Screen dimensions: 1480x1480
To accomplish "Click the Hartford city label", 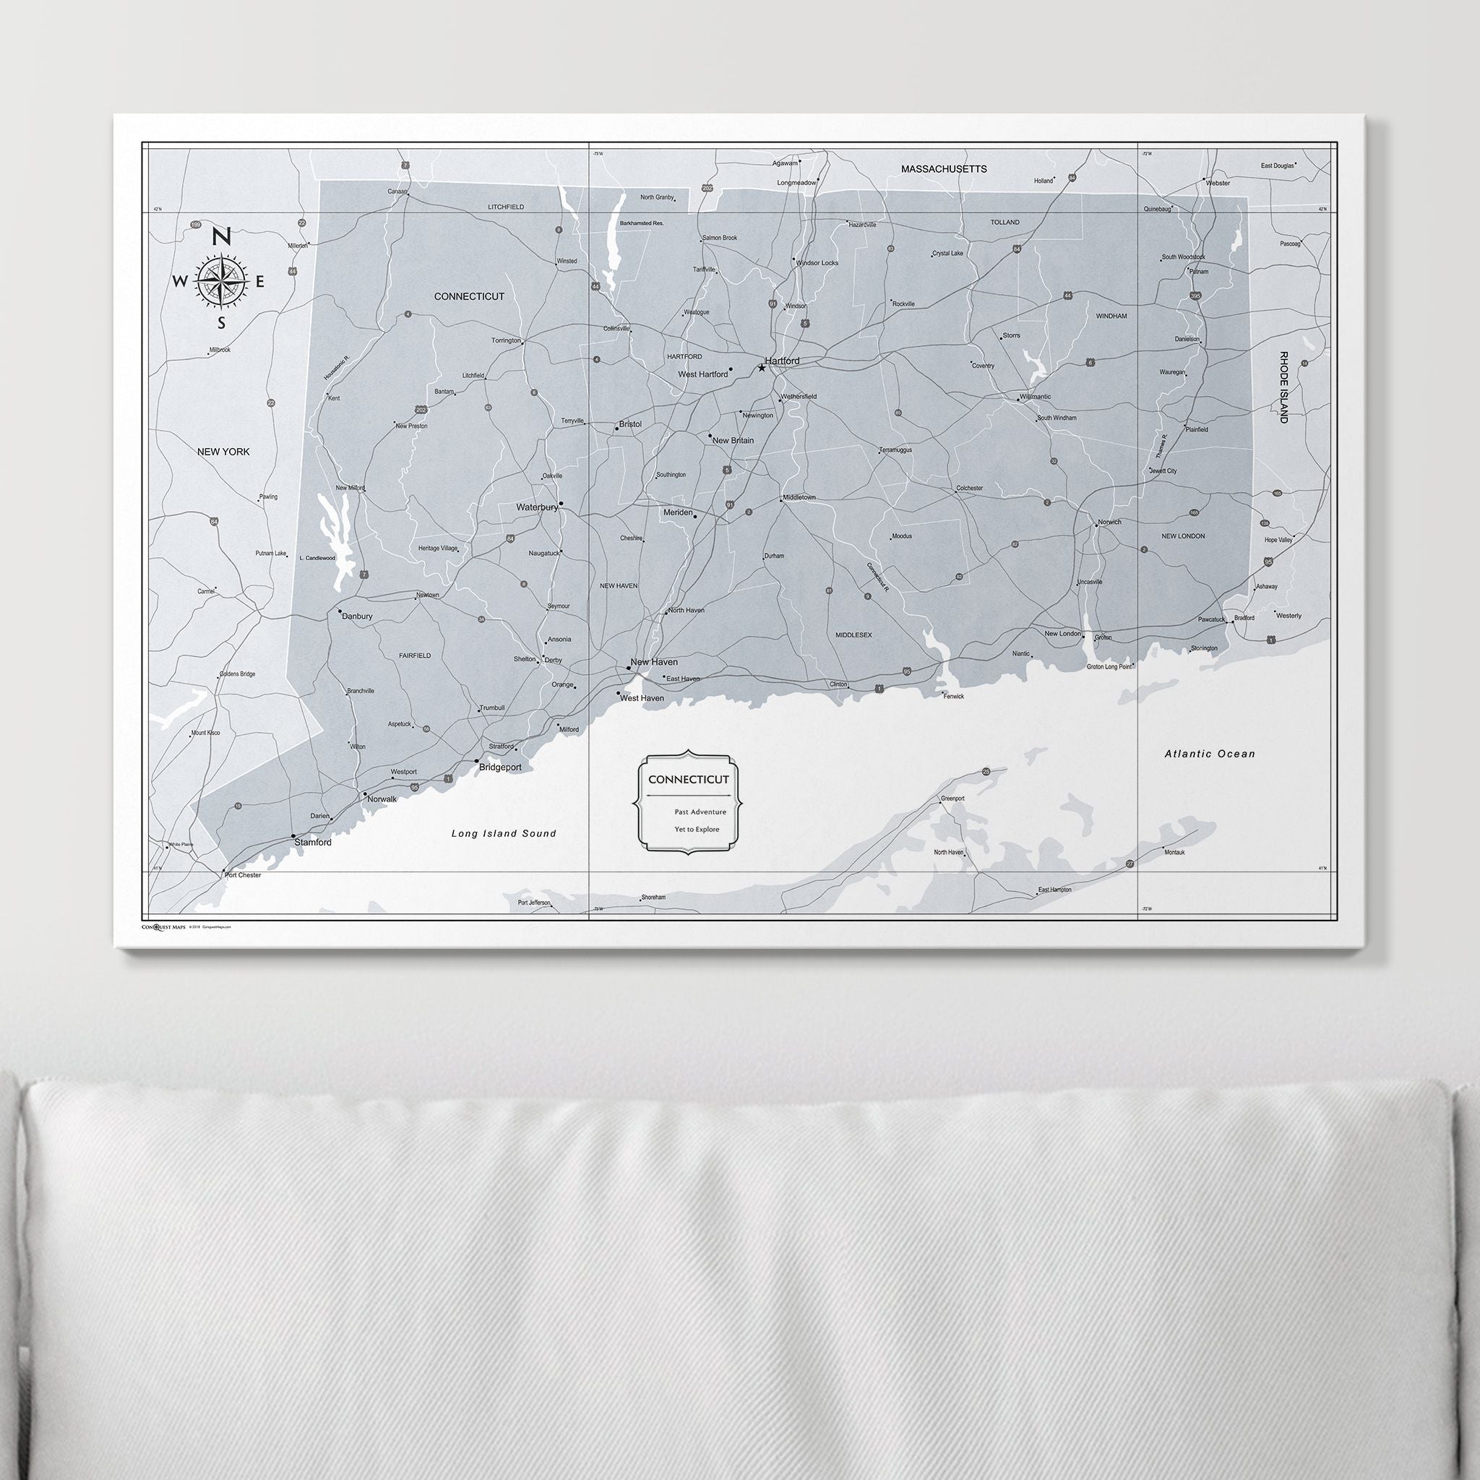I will [782, 361].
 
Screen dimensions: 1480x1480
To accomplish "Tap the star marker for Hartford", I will [762, 369].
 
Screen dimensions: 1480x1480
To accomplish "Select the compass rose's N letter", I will [221, 238].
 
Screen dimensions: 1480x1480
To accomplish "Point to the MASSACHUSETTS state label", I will [944, 168].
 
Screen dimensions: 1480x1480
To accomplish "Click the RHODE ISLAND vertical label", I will [1284, 387].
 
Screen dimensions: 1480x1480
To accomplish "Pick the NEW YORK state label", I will [224, 452].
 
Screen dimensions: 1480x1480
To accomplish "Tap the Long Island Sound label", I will [503, 833].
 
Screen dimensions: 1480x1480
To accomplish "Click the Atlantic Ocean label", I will [1210, 754].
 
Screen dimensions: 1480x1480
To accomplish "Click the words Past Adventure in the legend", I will [700, 812].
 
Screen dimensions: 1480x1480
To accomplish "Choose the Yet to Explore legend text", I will [697, 830].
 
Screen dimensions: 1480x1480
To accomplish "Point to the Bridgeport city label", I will [500, 767].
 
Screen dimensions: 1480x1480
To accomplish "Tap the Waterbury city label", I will [536, 507].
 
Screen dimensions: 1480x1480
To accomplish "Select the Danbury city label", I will [357, 616].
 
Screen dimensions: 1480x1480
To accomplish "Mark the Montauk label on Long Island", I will [1174, 852].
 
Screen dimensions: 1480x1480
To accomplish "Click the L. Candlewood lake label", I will [317, 558].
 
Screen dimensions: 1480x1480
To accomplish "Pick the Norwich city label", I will [1109, 522].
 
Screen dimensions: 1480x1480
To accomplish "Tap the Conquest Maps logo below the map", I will [164, 926].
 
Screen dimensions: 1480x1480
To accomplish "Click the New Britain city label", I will [733, 441].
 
